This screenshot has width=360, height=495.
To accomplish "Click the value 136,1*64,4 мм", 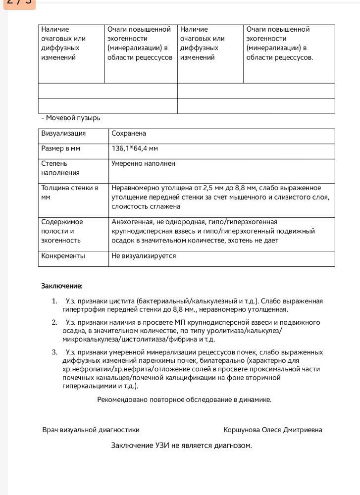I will tap(135, 148).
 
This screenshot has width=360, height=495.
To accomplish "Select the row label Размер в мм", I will tap(60, 148).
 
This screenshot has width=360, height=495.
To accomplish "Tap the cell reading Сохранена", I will tap(129, 134).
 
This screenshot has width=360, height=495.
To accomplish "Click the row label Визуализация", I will tap(63, 134).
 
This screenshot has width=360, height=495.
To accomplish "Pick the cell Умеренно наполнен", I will tap(143, 163).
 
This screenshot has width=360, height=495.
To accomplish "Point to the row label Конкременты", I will tap(63, 256).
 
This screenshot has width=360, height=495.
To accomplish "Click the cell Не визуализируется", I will tap(144, 256).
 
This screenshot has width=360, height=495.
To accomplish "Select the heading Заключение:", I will tap(61, 286).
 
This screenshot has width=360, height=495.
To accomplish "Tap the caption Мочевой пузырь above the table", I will tap(73, 118).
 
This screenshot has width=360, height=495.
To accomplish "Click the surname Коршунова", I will tap(241, 430).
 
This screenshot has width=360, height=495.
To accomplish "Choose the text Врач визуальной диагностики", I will tap(91, 430).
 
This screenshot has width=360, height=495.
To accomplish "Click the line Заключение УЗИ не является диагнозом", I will tap(181, 445).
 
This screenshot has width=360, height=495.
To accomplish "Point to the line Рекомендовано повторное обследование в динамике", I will tap(184, 399).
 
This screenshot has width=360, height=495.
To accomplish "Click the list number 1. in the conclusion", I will tap(54, 301).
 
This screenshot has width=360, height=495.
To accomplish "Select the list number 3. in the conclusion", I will tap(54, 352).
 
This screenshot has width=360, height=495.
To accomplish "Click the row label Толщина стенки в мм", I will tap(69, 193).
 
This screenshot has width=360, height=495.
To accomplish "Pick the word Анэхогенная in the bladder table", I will tap(132, 222).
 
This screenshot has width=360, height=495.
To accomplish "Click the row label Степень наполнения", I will tap(60, 168).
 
